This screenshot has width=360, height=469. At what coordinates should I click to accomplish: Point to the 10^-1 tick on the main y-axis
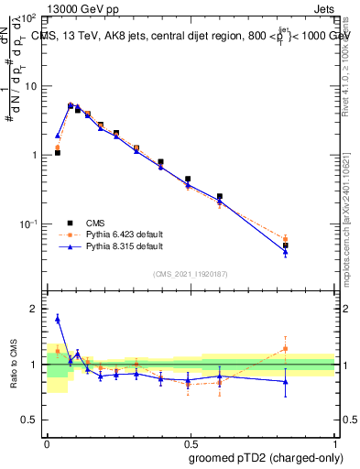(31, 224)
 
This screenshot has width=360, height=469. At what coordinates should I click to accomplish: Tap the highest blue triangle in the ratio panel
(58, 319)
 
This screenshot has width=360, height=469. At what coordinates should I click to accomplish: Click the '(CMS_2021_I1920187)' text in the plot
(191, 274)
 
